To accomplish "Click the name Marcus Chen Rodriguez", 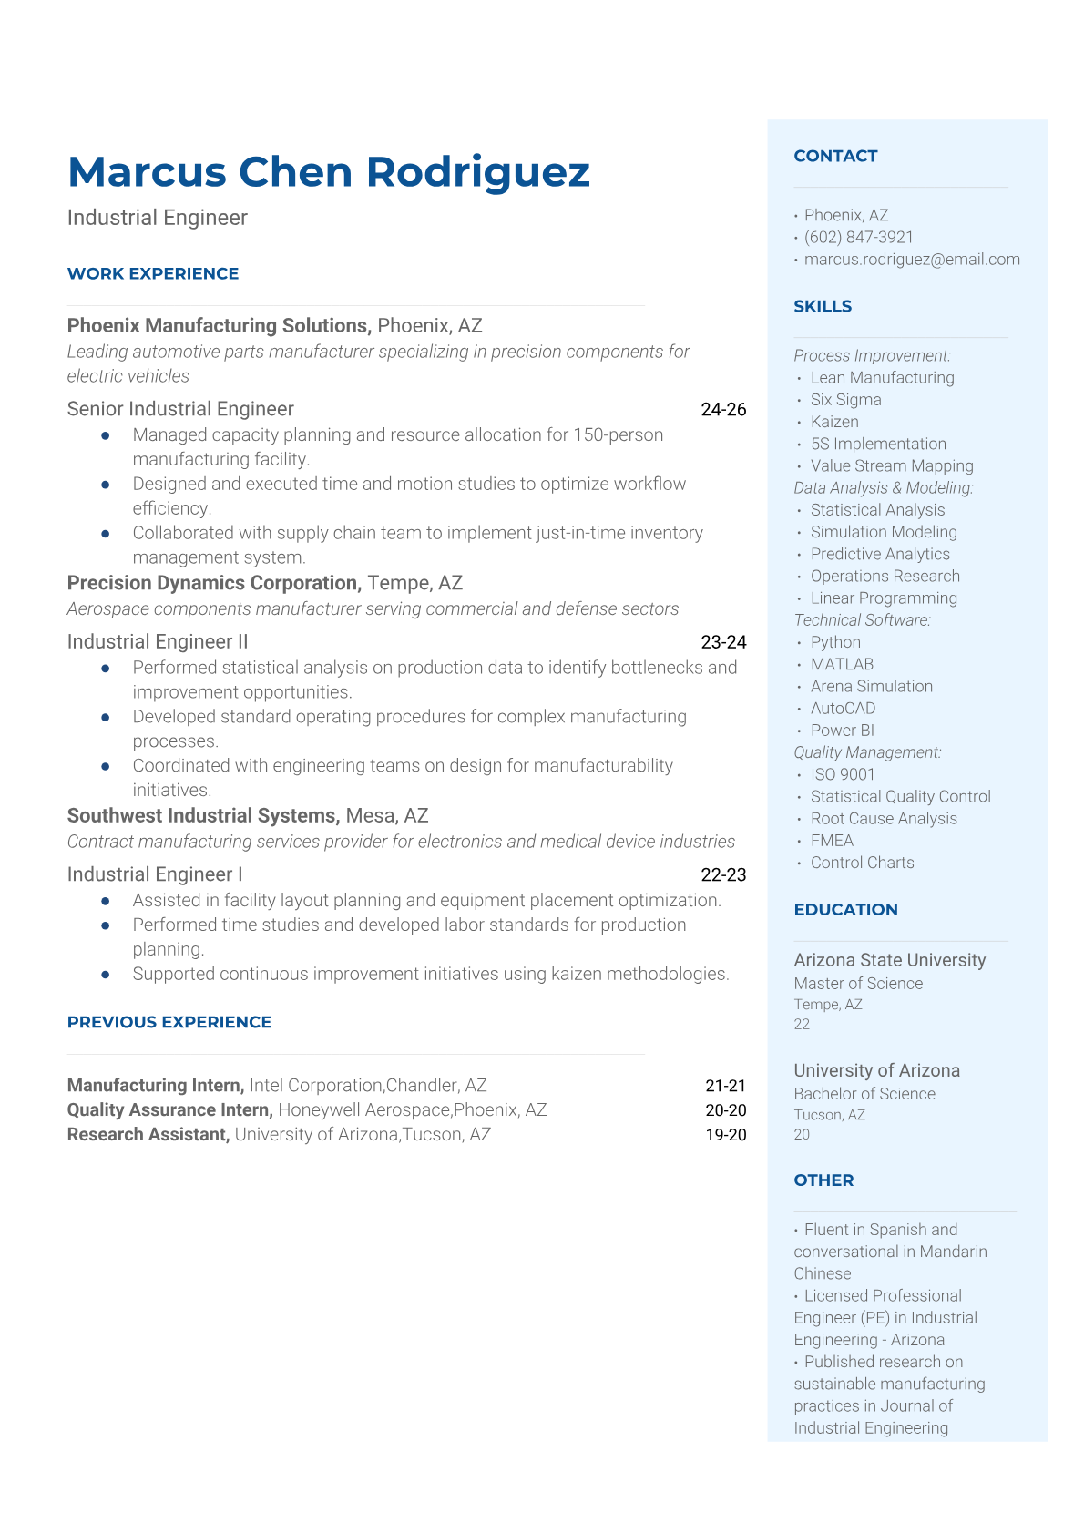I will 329,172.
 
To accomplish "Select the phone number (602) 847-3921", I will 858,237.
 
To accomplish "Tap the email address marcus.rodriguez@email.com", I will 911,260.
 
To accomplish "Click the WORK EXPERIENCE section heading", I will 153,273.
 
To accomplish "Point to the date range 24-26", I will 723,410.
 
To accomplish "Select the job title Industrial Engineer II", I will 158,642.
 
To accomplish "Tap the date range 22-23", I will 723,875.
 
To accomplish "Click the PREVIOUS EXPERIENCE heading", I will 169,1022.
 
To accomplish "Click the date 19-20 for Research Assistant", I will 725,1135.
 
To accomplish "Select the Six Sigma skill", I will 845,400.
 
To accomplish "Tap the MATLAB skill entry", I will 842,665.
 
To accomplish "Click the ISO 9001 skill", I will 843,775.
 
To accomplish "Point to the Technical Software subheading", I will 862,620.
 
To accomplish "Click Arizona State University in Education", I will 889,960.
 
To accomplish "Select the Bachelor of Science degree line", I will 864,1094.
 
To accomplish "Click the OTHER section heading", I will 823,1180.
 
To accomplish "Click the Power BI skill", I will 842,731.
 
